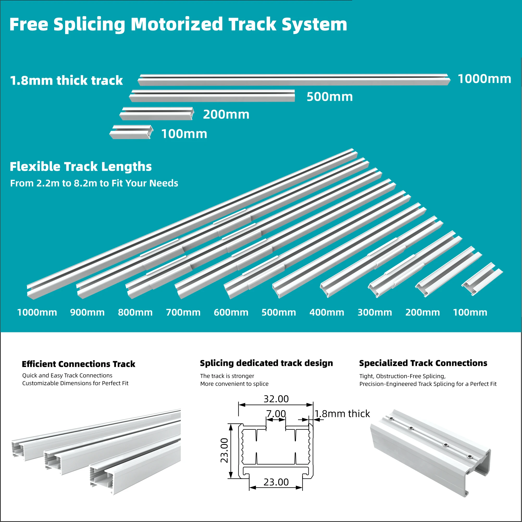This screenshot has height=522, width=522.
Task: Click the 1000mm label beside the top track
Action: point(484,79)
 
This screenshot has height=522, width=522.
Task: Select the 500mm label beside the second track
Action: point(330,97)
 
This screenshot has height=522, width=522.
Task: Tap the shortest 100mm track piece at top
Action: point(131,132)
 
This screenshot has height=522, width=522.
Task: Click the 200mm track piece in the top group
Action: point(157,114)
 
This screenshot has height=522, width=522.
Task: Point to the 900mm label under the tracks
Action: point(87,312)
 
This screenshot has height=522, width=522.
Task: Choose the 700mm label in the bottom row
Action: point(183,312)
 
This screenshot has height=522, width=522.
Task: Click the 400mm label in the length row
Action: point(327,312)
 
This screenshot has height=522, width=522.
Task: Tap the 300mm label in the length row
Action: point(375,312)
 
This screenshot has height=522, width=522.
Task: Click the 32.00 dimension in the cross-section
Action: point(276,399)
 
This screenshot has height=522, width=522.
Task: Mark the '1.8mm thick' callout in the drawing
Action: point(342,414)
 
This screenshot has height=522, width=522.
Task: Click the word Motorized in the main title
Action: point(176,24)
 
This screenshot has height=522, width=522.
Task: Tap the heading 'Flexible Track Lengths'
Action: point(80,167)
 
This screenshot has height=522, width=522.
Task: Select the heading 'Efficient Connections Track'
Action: point(78,364)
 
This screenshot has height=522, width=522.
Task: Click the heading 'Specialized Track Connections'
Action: point(423,363)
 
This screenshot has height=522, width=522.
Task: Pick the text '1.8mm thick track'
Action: point(66,81)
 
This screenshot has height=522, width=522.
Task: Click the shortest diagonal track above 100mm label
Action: point(482,279)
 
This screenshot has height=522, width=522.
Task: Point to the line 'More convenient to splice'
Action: point(234,384)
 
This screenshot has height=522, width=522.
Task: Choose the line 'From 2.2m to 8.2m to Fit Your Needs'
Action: point(94,183)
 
